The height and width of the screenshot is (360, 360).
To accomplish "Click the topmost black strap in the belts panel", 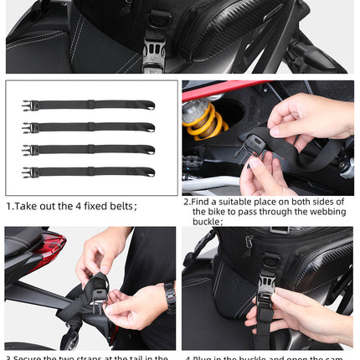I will click(x=92, y=105).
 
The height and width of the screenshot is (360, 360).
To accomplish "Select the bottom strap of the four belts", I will click(x=92, y=171).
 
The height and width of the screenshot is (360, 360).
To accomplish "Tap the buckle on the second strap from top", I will click(x=28, y=127).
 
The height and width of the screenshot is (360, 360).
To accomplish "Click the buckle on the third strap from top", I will click(x=28, y=150).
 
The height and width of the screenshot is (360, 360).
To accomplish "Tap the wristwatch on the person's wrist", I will click(x=170, y=296).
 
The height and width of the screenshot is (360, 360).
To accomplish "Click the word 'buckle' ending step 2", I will click(x=208, y=223).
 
